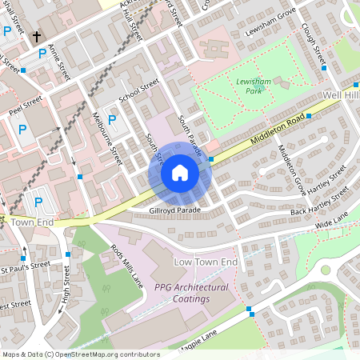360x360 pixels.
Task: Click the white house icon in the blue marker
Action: (180, 173)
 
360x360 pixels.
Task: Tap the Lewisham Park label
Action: (255, 86)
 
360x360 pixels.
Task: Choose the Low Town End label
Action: (206, 262)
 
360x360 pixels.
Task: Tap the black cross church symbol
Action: (37, 37)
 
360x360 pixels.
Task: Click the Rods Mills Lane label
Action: (127, 263)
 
